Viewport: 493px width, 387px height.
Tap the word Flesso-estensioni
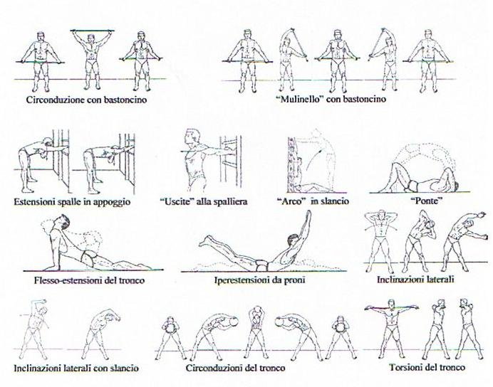pos(68,280)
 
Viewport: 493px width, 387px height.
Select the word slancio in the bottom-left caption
pos(124,368)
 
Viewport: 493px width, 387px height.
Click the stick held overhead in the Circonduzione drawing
pos(92,31)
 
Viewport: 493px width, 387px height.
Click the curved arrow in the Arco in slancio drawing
pos(316,162)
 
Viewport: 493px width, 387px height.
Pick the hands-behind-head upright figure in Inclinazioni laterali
pos(381,241)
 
